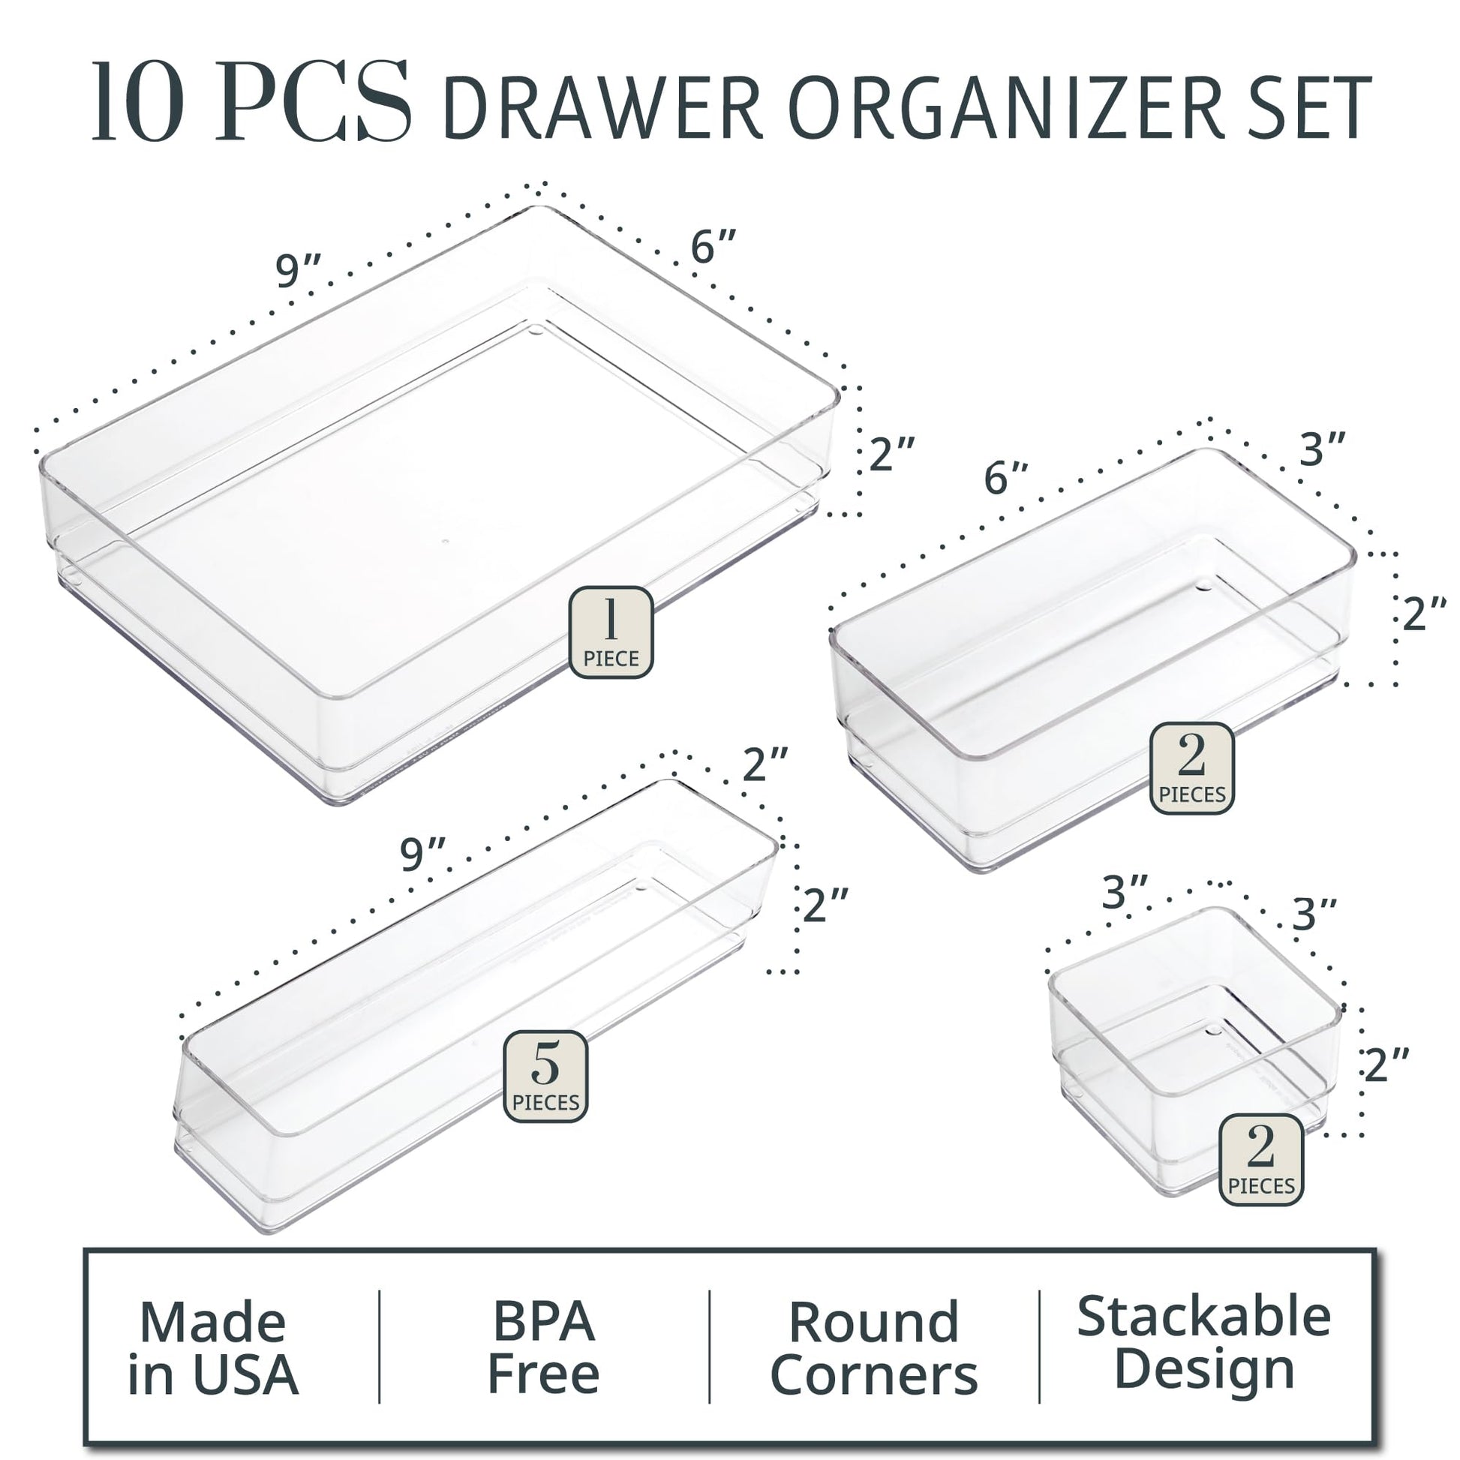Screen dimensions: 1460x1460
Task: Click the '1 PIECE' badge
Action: coord(611,632)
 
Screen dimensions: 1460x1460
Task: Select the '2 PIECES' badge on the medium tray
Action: coord(1191,768)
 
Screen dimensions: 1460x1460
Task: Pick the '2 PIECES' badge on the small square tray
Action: coord(1261,1159)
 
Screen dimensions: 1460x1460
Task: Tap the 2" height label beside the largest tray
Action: coord(893,455)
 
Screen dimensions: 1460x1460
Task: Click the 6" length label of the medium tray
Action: coord(1006,479)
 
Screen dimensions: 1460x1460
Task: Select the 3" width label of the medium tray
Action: coord(1323,449)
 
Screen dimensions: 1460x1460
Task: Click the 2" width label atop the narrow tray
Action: coord(765,764)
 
